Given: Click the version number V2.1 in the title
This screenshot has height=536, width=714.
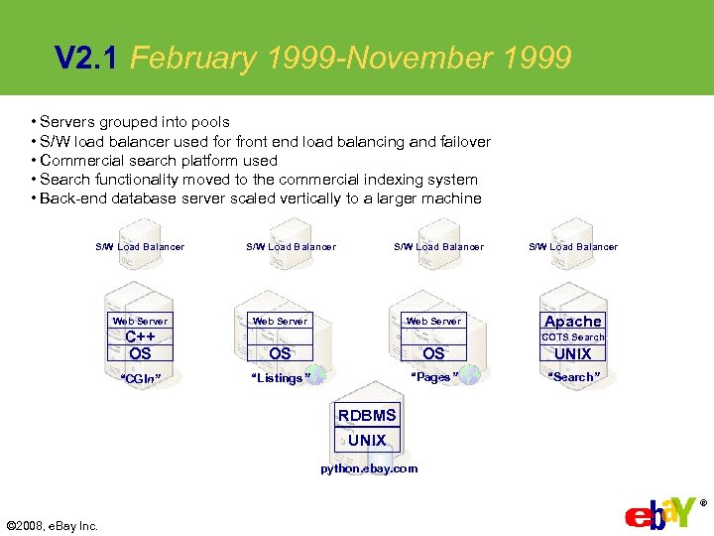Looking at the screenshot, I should pos(86,59).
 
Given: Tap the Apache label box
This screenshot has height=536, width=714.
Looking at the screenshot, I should pos(572,321).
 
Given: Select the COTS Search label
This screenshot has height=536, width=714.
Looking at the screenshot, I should pos(572,337).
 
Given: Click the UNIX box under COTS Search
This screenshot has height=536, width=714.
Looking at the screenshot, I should pos(572,353).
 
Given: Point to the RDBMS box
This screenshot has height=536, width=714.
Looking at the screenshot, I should pos(367,415).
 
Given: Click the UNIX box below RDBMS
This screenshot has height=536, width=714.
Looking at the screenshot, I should pos(367,440).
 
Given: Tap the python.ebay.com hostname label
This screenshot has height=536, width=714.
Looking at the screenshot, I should pos(369,469).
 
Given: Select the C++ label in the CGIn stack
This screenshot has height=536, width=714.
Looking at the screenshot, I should pos(140,336).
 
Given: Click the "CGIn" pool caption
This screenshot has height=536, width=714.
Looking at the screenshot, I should pos(140,378).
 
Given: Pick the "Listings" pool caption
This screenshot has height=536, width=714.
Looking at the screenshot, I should pos(281,378).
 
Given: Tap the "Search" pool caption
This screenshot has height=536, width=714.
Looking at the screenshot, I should pos(572,377).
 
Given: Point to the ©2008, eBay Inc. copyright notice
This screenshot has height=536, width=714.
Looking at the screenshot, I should pos(52,525).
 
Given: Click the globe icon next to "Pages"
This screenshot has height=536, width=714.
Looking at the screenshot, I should pos(469,375).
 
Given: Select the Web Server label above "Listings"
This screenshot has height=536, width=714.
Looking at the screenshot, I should pos(280,321).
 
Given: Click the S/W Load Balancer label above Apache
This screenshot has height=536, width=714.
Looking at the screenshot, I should pos(572,246).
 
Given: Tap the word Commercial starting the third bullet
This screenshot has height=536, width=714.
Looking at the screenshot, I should pos(75,161).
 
